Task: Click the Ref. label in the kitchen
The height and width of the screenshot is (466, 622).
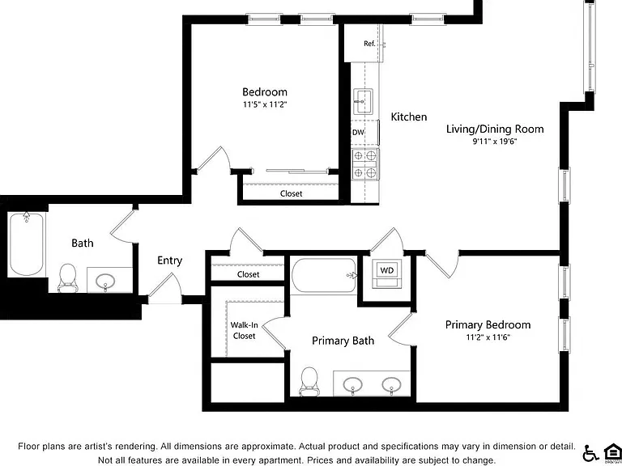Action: (369, 44)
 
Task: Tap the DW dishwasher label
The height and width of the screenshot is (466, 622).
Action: (358, 133)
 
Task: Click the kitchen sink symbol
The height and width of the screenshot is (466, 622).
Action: (363, 101)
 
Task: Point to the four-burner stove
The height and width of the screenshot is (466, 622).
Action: (365, 164)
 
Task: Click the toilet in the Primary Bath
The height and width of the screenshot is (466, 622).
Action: (309, 381)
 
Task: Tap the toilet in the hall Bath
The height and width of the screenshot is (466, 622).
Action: (67, 277)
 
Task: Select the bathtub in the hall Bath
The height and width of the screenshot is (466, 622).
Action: (26, 244)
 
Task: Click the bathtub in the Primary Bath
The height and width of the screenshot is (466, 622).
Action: (324, 275)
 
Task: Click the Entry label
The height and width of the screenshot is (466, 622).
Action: (170, 261)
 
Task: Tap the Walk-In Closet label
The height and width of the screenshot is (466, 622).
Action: (245, 330)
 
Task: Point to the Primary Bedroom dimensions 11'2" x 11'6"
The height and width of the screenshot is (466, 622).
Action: (488, 337)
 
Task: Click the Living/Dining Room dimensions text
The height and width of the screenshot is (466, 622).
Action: (495, 142)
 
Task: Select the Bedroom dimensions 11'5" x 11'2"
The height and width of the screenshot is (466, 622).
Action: (265, 104)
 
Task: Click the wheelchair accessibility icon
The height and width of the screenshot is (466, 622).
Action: (590, 453)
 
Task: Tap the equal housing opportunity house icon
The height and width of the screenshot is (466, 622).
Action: (612, 452)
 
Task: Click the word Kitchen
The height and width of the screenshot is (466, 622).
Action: (409, 116)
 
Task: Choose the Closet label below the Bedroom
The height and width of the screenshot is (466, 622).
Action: (292, 194)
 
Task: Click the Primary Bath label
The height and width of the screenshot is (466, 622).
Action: (343, 341)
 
